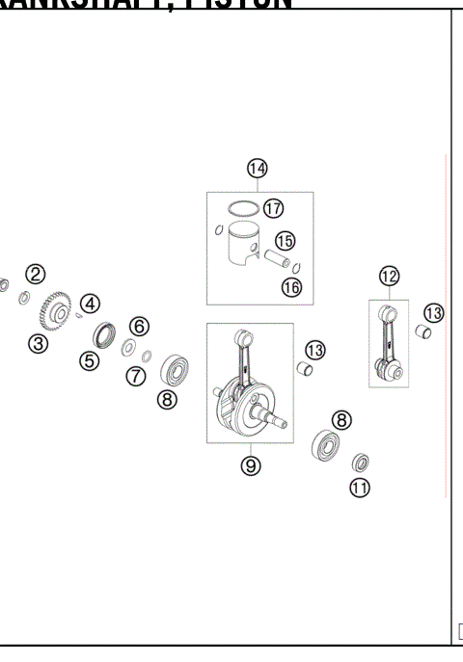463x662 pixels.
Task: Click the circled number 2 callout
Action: pos(36,275)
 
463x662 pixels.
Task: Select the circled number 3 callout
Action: pos(38,343)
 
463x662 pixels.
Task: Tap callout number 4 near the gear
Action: pos(90,304)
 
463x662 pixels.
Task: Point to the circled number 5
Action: pos(90,361)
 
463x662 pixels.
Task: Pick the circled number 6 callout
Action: pos(139,326)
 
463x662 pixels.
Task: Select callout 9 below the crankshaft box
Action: pos(250,465)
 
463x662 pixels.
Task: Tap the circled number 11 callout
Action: pos(359,488)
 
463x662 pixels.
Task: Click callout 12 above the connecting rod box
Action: pos(388,278)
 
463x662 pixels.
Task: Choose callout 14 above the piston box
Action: pos(257,170)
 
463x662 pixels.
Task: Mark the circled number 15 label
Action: pos(285,241)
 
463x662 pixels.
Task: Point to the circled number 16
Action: pos(290,286)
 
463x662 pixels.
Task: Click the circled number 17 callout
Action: pos(273,208)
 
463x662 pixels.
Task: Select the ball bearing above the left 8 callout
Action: pos(175,367)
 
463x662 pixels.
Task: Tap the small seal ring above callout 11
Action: pos(361,462)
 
